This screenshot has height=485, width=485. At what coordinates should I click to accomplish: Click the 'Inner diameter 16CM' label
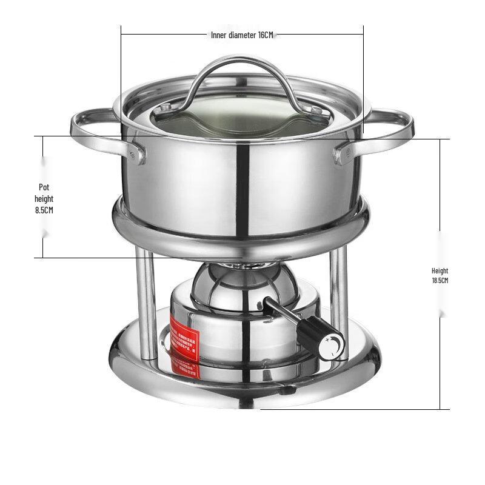pyautogui.click(x=242, y=35)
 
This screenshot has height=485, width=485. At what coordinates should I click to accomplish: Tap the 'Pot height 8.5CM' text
pyautogui.click(x=44, y=198)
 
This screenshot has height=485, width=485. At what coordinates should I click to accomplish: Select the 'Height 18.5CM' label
pyautogui.click(x=440, y=275)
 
